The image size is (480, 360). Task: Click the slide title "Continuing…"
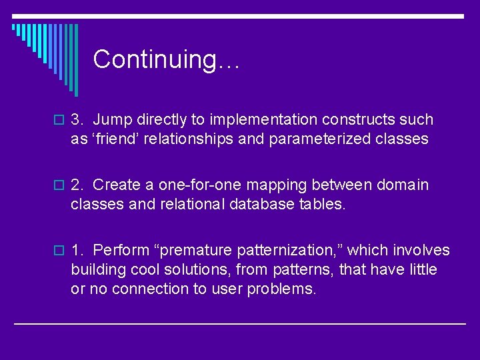pyautogui.click(x=166, y=59)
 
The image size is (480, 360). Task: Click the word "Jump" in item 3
pyautogui.click(x=113, y=120)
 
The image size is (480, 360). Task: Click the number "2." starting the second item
pyautogui.click(x=77, y=185)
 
